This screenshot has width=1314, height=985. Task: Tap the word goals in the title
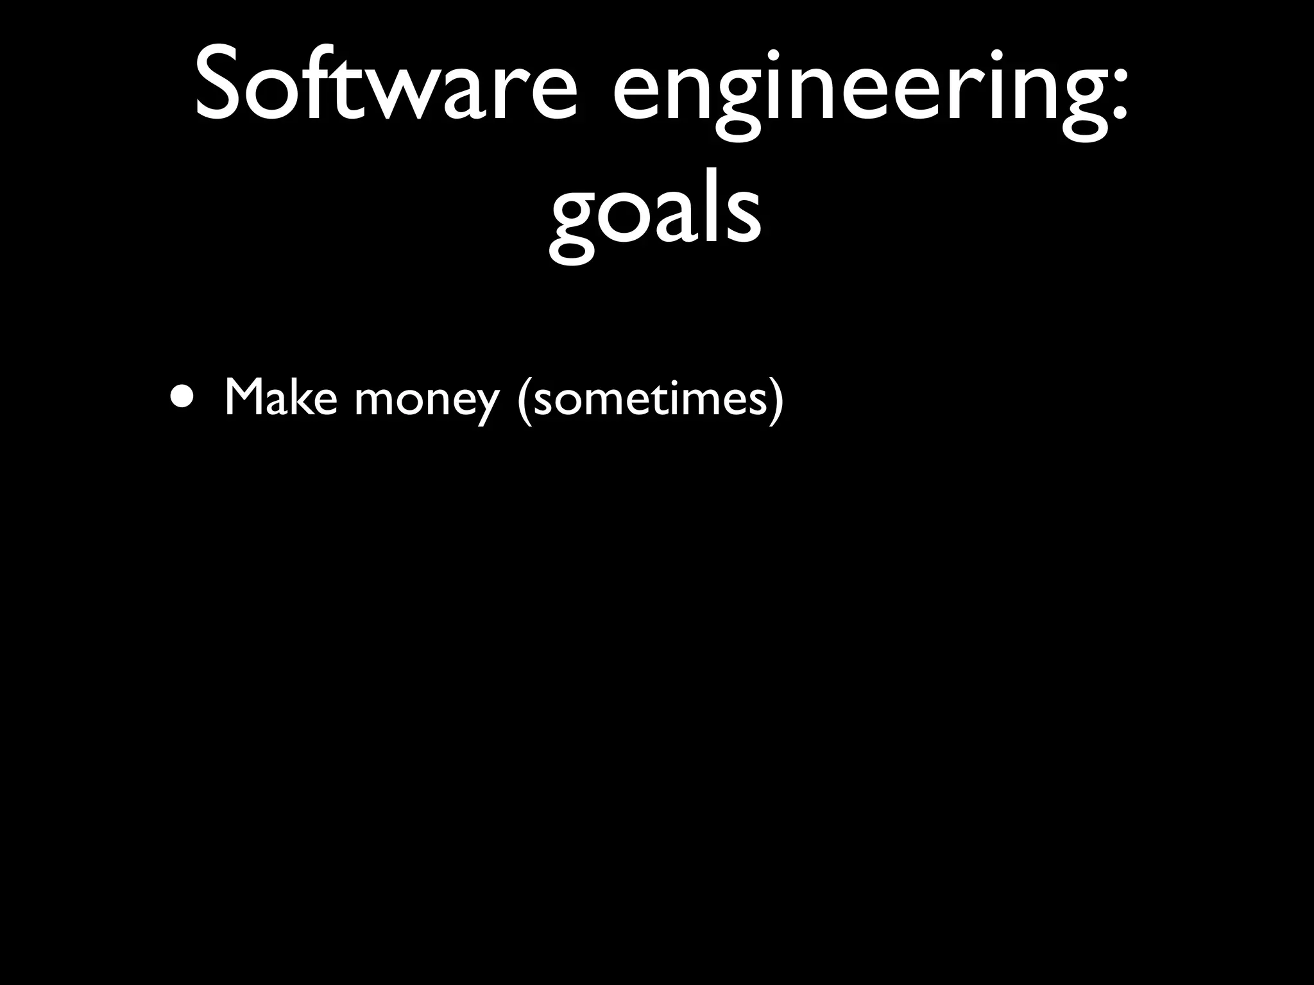coord(655,212)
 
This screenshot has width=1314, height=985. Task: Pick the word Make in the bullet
coord(280,398)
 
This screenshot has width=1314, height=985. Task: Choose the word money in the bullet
coord(427,401)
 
